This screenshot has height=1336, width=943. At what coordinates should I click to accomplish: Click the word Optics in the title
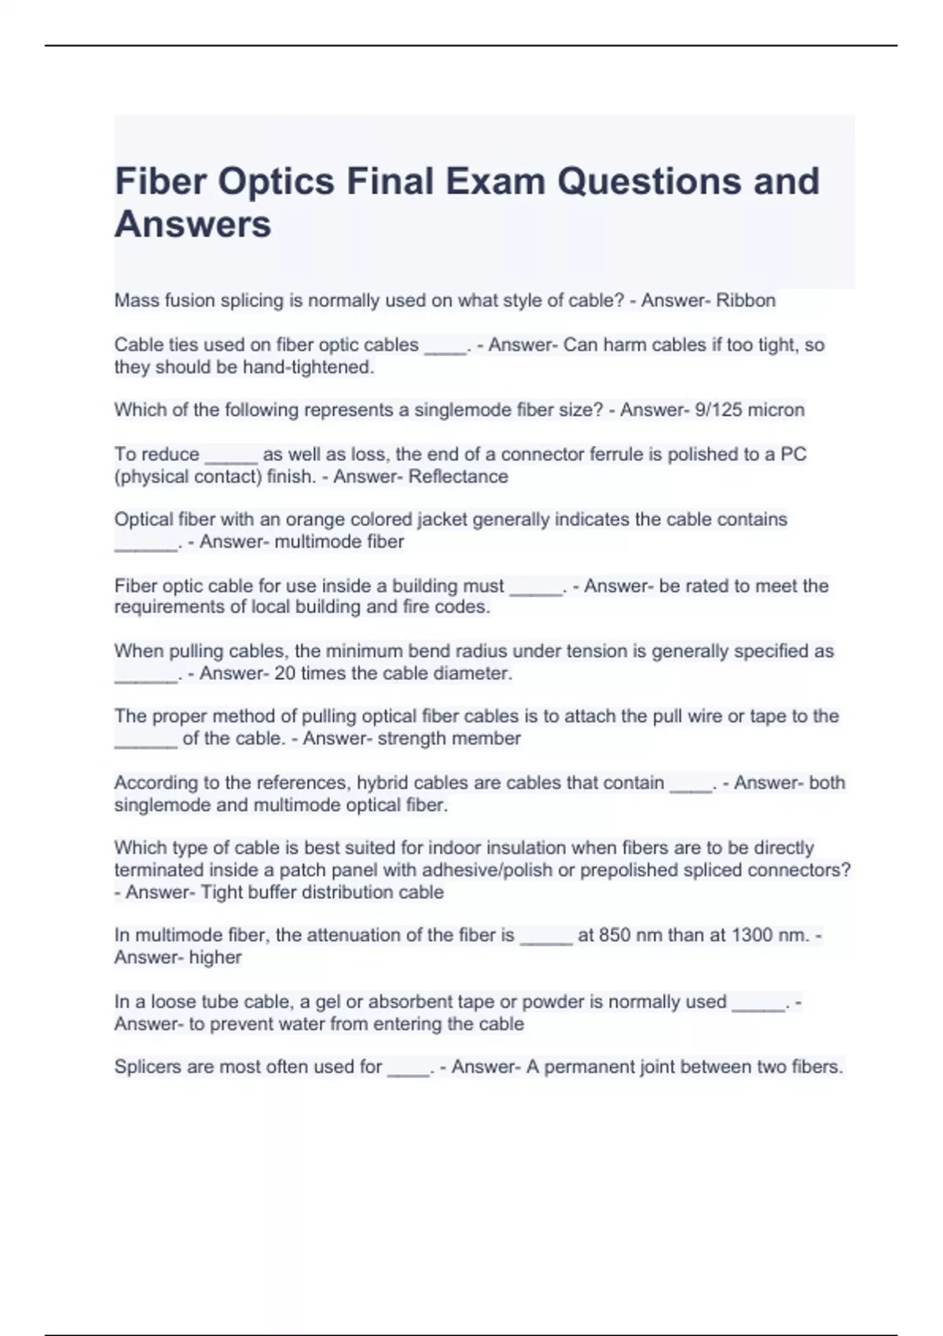click(275, 182)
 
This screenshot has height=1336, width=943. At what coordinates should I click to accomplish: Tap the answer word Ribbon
click(745, 300)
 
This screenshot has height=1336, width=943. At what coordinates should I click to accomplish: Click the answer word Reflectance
click(458, 476)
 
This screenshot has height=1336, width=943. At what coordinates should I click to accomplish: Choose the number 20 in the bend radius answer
click(285, 673)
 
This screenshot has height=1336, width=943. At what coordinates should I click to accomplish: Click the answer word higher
click(215, 957)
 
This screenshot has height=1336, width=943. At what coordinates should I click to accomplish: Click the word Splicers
click(147, 1067)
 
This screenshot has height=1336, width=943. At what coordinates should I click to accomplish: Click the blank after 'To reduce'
click(231, 456)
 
